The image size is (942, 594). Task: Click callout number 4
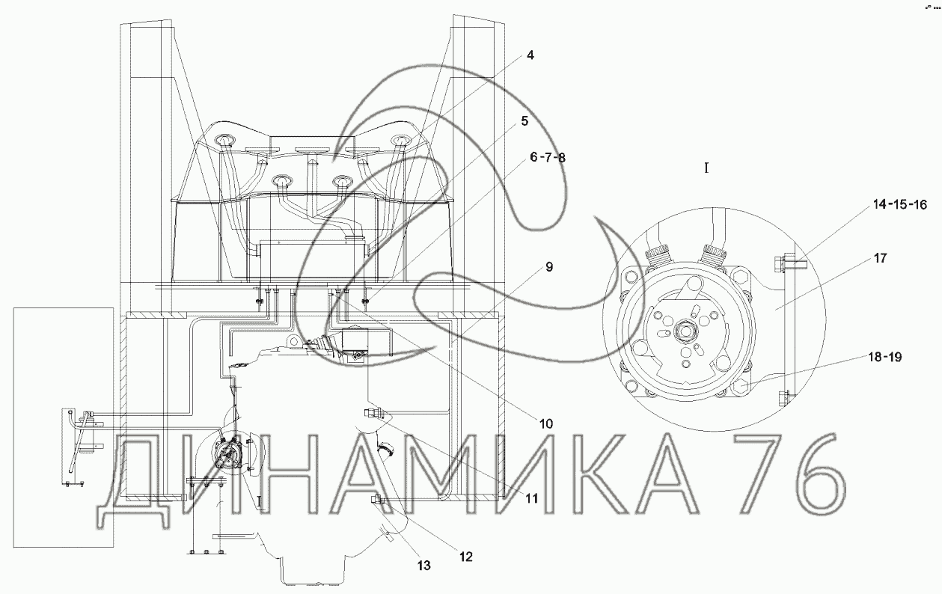(x=530, y=55)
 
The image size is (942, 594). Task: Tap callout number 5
(x=524, y=121)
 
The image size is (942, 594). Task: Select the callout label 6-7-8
(x=548, y=158)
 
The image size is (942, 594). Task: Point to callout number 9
(x=549, y=267)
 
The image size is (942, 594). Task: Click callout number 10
(x=546, y=423)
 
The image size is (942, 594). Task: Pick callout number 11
(x=532, y=498)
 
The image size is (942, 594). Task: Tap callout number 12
(x=466, y=557)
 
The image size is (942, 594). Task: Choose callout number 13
(x=424, y=566)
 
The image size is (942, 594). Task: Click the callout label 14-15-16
(x=900, y=205)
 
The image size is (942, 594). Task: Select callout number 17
(x=880, y=258)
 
